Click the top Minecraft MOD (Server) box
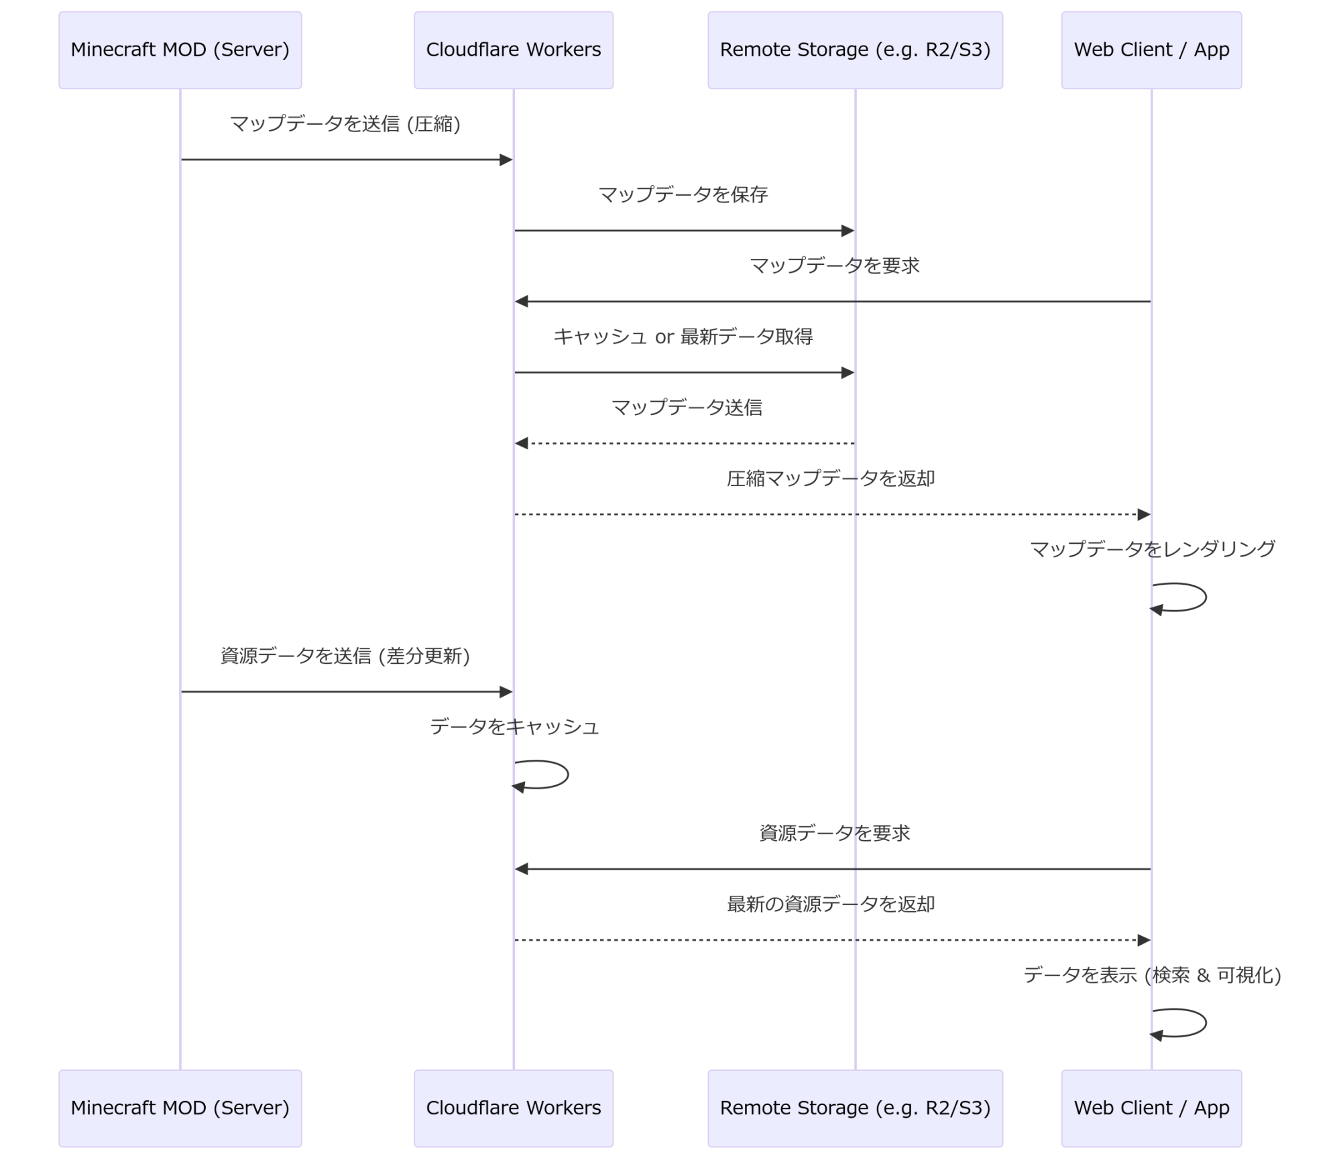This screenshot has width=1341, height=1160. (180, 50)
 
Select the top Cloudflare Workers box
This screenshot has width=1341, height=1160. (513, 50)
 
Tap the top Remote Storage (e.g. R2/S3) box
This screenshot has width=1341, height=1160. (855, 50)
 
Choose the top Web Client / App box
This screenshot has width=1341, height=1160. (1151, 50)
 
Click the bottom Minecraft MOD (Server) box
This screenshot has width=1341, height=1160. (180, 1108)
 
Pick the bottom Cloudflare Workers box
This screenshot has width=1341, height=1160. (513, 1108)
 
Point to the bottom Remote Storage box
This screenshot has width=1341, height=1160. (855, 1108)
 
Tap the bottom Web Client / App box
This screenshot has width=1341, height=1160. (1151, 1108)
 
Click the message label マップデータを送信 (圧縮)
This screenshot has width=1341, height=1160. (345, 124)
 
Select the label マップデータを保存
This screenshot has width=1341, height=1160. (683, 195)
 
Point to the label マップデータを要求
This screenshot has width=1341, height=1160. (834, 266)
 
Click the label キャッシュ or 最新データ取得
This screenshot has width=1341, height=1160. (683, 337)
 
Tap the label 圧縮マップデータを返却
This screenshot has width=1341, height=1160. (831, 479)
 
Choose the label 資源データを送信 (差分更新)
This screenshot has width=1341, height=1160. (345, 656)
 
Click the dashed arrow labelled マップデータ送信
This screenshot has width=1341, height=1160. (684, 443)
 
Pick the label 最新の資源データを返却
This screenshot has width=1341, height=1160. (831, 905)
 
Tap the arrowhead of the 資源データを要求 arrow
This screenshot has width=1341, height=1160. (522, 869)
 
